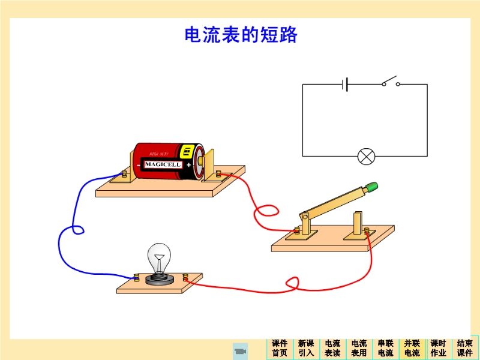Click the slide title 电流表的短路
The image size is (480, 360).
241,35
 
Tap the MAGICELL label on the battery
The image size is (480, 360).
163,164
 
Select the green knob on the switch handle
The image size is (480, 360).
373,187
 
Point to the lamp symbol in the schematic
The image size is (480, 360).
365,157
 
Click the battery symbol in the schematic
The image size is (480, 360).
345,84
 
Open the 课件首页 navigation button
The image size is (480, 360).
280,348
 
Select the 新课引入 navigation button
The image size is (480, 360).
306,348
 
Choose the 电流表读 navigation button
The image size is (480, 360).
332,348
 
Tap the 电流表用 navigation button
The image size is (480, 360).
359,348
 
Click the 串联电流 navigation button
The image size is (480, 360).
385,348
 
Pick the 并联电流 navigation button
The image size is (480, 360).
412,348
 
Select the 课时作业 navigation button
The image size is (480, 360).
438,348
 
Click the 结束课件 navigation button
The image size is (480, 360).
465,348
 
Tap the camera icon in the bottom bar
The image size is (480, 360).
240,350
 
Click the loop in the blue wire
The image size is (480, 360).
77,230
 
